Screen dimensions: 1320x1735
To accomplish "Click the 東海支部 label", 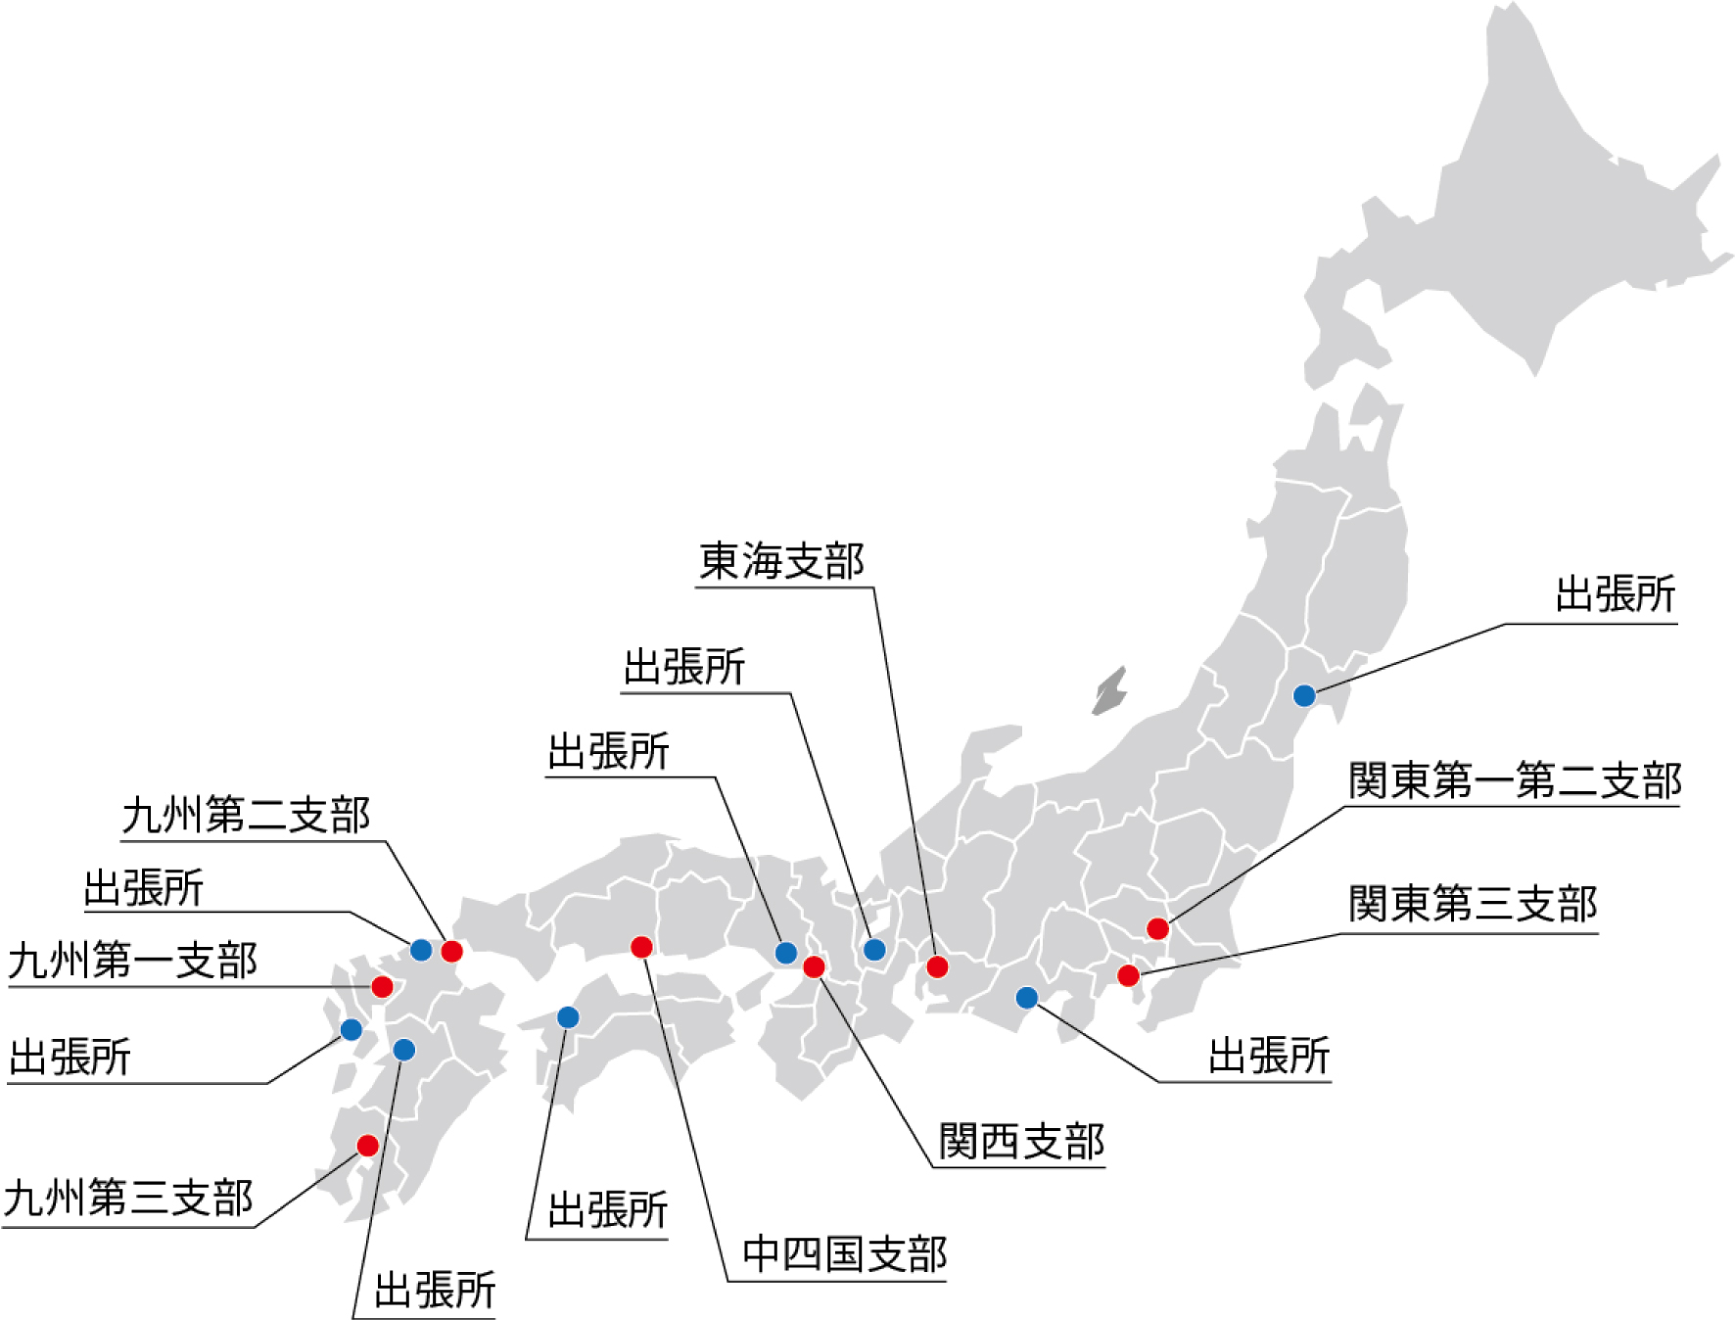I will click(x=781, y=562).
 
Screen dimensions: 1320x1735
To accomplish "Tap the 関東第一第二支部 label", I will click(x=1514, y=781).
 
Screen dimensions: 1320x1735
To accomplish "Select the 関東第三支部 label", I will click(x=1472, y=904).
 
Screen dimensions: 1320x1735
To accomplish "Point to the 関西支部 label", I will click(x=1021, y=1142).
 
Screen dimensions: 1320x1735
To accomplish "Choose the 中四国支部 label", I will click(x=844, y=1254).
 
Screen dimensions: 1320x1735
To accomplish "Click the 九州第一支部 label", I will click(x=132, y=961).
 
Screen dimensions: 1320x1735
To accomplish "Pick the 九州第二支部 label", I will click(x=246, y=816).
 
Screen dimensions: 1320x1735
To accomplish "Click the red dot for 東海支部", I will click(x=937, y=967).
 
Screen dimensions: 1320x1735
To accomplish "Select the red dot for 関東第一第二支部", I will click(x=1157, y=928).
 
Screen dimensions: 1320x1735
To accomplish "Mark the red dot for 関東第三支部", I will click(x=1128, y=975).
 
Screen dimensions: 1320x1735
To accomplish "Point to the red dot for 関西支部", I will click(x=814, y=967).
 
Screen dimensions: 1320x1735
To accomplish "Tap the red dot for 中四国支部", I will click(x=641, y=947).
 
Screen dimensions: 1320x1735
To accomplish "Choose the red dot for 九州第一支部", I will click(x=382, y=986).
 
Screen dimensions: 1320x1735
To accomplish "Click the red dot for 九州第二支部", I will click(x=451, y=951).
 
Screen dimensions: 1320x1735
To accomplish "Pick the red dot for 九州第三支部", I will click(x=367, y=1146).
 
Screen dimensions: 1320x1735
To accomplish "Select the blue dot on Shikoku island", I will click(x=568, y=1017).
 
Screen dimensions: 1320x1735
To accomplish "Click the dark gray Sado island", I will click(x=1110, y=692).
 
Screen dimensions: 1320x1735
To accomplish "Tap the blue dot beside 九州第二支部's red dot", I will click(x=421, y=950).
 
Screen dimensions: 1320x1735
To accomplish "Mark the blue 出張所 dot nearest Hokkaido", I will click(x=1304, y=695).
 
